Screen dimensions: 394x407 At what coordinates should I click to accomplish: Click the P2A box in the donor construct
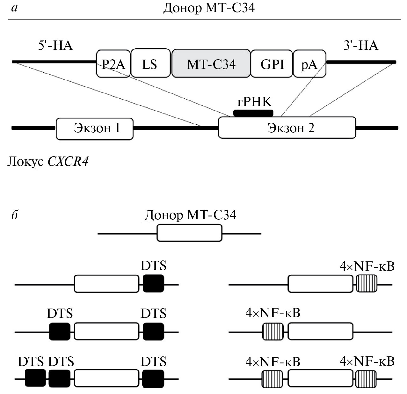point(113,64)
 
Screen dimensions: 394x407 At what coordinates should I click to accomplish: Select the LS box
point(150,63)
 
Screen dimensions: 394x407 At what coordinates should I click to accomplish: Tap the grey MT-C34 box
point(211,63)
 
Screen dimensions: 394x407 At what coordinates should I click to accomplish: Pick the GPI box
point(272,63)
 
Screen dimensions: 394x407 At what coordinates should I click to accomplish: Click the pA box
point(309,64)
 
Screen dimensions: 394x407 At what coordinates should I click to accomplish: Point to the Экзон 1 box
point(95,128)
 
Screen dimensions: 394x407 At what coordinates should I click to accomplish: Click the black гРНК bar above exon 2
point(253,113)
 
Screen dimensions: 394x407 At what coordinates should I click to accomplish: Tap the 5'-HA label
point(55,46)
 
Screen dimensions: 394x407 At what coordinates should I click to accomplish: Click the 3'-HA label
point(361,46)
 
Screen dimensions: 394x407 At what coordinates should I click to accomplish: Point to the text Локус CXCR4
point(48,162)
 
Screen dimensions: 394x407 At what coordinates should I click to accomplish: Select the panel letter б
point(14,215)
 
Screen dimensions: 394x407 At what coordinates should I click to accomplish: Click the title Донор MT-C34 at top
point(209,8)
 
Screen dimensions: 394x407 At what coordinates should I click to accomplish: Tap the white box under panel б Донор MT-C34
point(189,233)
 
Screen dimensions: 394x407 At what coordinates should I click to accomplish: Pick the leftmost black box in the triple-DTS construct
point(35,378)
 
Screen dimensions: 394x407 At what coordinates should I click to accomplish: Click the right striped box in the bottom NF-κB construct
point(366,378)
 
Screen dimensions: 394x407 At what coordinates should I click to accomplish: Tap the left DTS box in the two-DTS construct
point(60,332)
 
